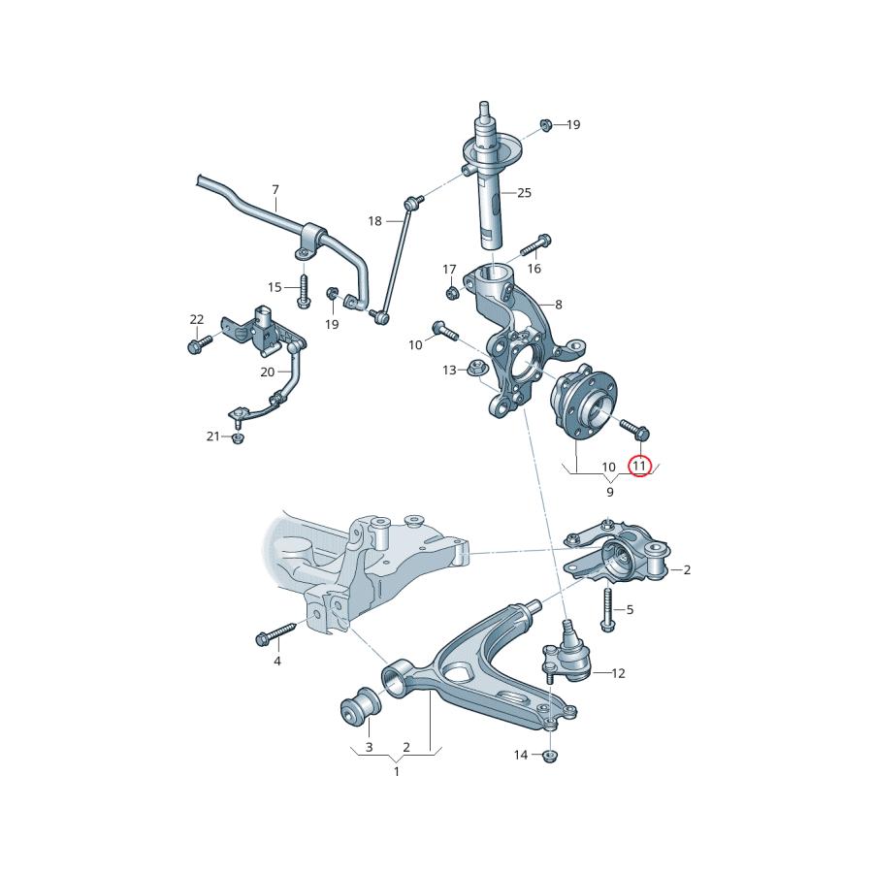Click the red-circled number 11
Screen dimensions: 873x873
638,467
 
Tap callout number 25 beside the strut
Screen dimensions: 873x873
524,193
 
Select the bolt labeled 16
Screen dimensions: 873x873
538,242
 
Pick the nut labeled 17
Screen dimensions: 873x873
452,292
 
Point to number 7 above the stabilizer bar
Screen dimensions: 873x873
275,189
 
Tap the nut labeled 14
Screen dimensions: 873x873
550,755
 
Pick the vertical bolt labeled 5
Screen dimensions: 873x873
607,608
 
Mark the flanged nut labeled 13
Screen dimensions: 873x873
476,369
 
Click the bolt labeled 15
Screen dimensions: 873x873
303,291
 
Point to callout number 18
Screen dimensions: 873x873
374,221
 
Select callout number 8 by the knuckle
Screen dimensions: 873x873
558,304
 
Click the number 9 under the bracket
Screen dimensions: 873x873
610,492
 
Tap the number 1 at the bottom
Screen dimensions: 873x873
396,771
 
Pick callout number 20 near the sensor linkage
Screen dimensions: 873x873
267,372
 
